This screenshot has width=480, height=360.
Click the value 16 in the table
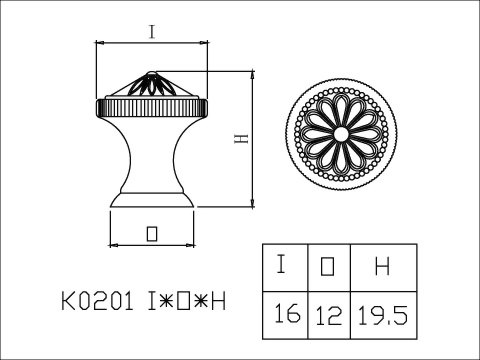(287, 313)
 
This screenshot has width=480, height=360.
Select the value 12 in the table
(329, 316)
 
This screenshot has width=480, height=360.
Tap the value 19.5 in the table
(383, 315)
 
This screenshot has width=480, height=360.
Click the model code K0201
(97, 301)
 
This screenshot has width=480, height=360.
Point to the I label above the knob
(152, 32)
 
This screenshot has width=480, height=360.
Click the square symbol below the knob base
(152, 233)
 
